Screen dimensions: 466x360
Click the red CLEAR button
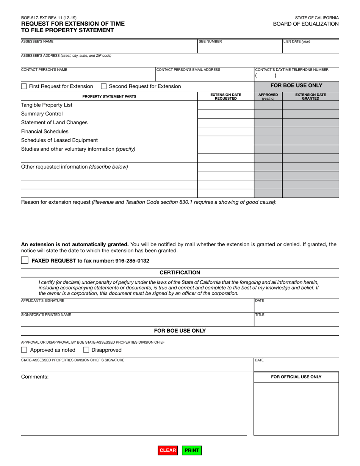click(x=167, y=450)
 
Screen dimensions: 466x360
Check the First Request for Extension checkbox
click(x=24, y=86)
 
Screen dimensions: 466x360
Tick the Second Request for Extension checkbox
click(x=104, y=86)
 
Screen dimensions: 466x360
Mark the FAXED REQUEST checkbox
click(x=25, y=260)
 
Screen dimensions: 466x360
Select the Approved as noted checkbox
click(x=24, y=350)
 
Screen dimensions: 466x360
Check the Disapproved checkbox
click(x=86, y=350)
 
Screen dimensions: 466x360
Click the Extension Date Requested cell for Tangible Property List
click(x=225, y=105)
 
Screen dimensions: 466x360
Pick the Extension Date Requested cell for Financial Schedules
click(x=225, y=131)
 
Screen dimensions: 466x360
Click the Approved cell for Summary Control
click(x=268, y=114)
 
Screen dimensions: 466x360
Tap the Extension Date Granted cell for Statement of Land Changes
click(x=310, y=122)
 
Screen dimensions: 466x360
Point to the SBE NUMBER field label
click(x=210, y=42)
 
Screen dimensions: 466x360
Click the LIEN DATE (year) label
click(x=297, y=42)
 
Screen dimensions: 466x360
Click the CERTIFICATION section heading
click(x=180, y=272)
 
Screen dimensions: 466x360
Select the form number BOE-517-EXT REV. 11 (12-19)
click(x=49, y=17)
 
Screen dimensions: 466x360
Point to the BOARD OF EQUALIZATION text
click(x=306, y=24)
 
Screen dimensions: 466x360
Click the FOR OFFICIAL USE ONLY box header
click(x=296, y=377)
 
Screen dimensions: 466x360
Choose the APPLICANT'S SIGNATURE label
click(x=42, y=300)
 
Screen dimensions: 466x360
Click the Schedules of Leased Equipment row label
click(x=59, y=140)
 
